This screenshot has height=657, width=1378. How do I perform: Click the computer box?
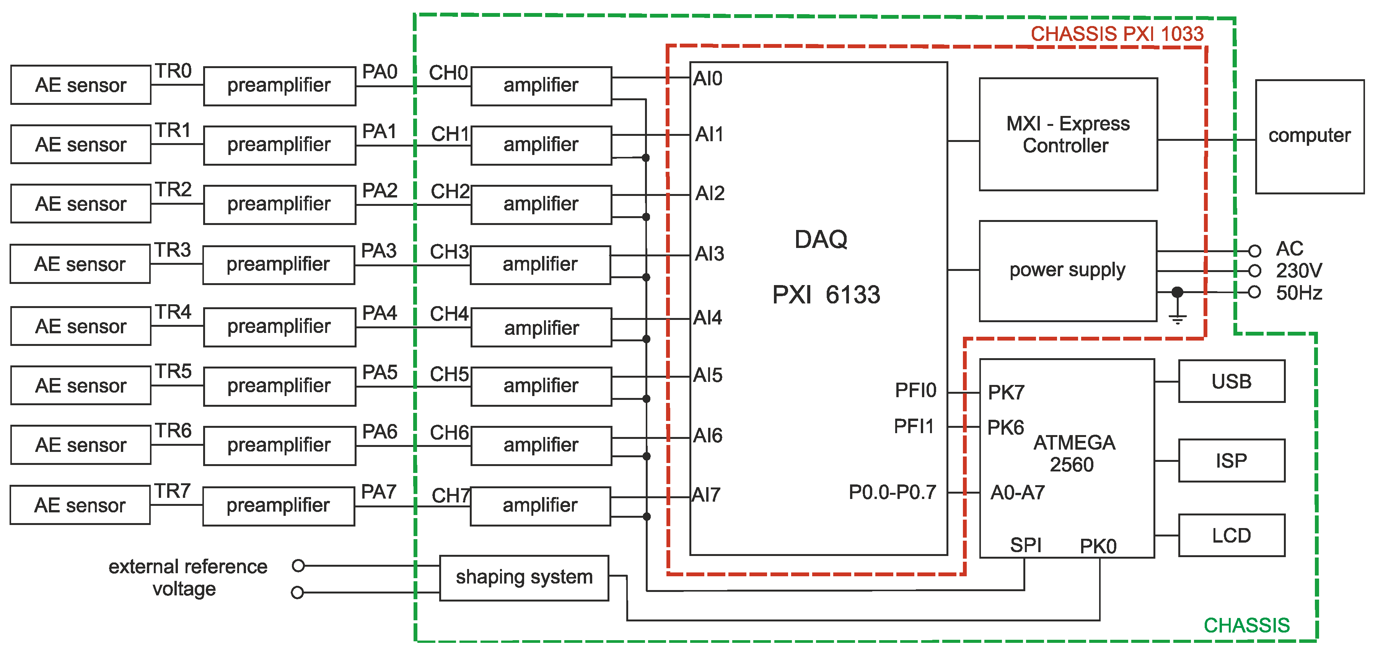[1310, 137]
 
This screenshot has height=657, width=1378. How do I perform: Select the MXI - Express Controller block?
[1068, 134]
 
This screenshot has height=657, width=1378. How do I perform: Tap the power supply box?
[1068, 271]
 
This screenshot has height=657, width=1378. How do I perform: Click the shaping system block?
[524, 578]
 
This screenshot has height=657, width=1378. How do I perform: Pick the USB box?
[1231, 381]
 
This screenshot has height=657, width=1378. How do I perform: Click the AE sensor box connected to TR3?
[80, 264]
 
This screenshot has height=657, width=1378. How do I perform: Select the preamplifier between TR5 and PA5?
[279, 386]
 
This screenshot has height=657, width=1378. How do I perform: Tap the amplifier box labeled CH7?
[540, 505]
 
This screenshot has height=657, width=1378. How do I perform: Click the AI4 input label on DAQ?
[707, 318]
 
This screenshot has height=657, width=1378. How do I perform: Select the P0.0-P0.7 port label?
[892, 492]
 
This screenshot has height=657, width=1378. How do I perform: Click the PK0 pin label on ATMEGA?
[1098, 546]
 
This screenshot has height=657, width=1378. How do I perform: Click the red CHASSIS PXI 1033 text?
[1117, 34]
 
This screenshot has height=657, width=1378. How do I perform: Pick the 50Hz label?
[1299, 293]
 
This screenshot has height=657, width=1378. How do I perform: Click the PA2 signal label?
[379, 191]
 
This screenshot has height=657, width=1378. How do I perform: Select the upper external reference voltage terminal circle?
[298, 566]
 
